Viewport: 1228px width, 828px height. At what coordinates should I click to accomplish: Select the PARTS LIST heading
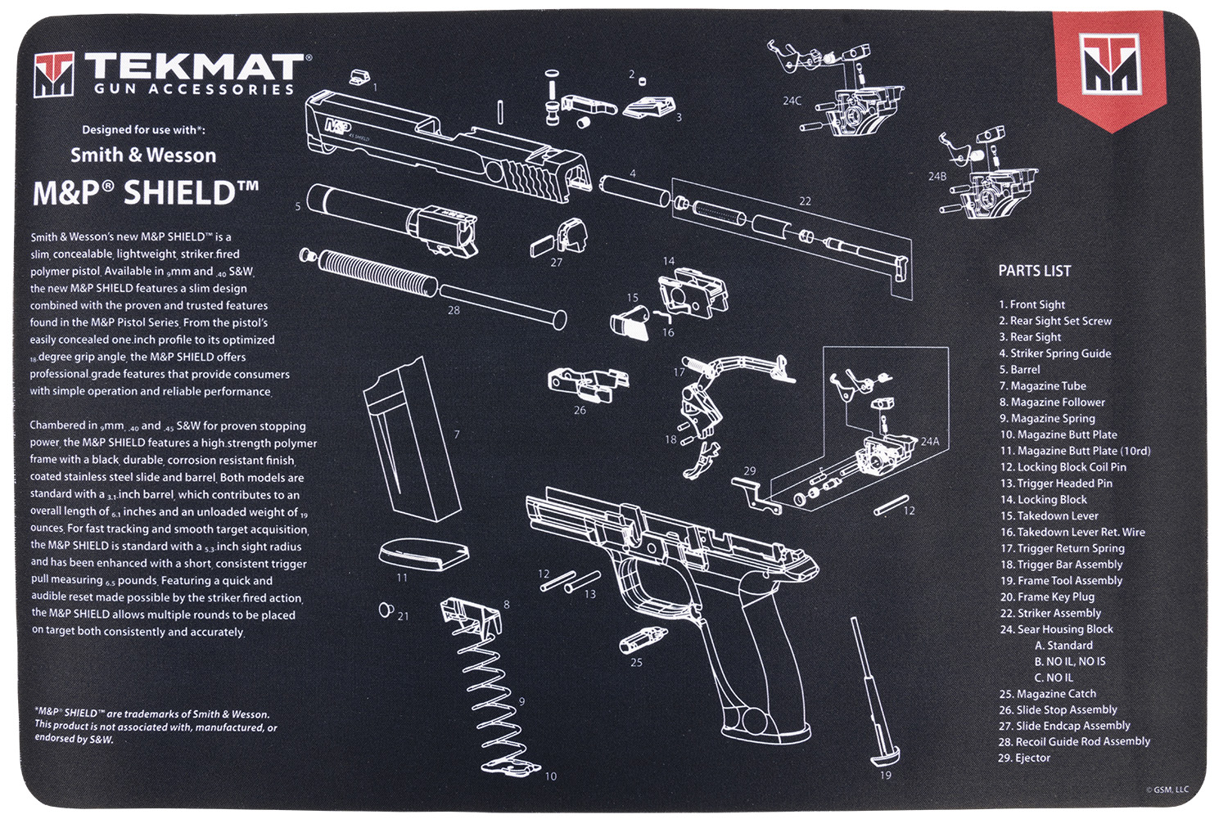1034,271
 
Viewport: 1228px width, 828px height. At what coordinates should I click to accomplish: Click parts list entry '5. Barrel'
1019,370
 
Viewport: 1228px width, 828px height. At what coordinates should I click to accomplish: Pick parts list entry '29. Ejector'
1024,758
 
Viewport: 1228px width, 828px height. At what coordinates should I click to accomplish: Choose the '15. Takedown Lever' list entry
1049,516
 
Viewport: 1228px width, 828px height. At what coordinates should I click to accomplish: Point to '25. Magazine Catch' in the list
1047,694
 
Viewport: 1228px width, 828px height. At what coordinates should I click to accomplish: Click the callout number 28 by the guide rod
454,310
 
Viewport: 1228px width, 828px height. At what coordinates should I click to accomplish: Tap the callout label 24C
792,101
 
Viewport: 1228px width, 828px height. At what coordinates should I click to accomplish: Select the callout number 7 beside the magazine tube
457,434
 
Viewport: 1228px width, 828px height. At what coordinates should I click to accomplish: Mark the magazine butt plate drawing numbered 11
423,554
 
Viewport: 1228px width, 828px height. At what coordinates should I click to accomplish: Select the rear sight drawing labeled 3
651,107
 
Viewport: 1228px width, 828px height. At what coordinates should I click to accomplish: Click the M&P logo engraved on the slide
336,126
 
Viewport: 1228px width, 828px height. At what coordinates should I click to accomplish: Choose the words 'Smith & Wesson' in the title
143,155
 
